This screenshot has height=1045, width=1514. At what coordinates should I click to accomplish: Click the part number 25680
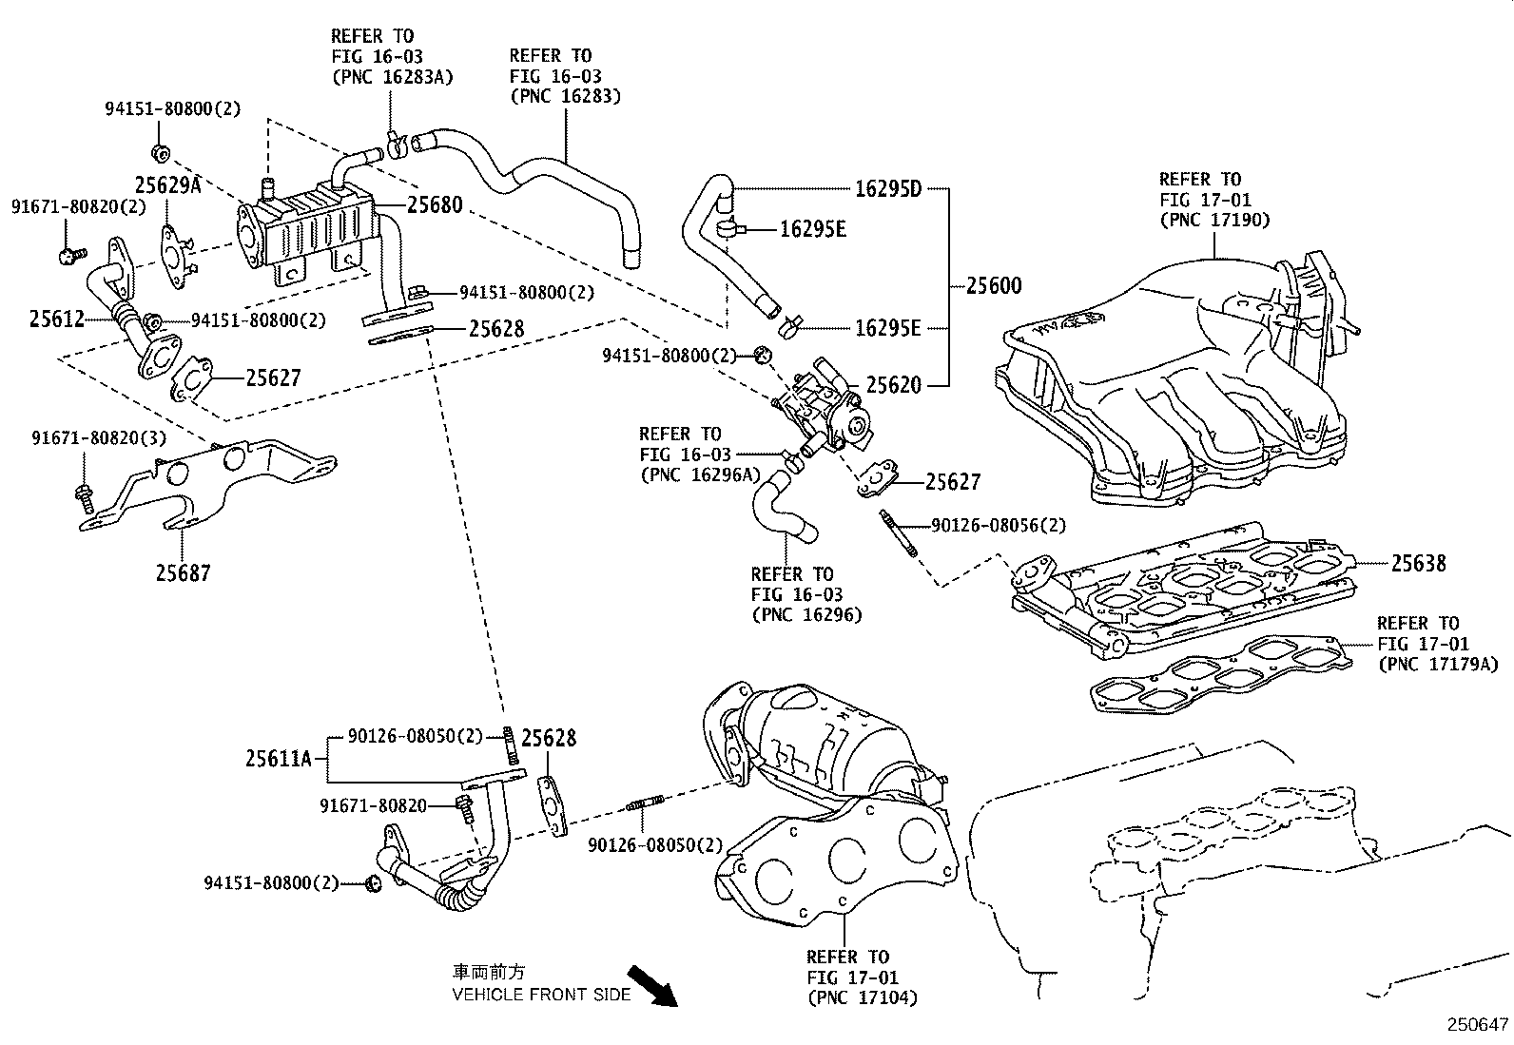coord(435,204)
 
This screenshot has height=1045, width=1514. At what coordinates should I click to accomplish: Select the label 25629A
coord(167,184)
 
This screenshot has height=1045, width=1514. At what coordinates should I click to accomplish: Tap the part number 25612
coord(57,319)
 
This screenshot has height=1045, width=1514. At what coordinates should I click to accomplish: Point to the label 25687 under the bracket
coord(184,572)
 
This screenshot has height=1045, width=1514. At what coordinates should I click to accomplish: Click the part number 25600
coord(994,285)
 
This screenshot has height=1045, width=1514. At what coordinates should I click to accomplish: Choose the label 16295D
coord(888,188)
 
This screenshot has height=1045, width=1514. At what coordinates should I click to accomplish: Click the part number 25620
coord(893,385)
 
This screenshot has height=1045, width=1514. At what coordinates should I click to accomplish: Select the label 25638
coord(1418,563)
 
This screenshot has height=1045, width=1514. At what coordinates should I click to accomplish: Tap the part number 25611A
coord(279,758)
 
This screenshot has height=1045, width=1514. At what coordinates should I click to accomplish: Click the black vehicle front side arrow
coord(652,985)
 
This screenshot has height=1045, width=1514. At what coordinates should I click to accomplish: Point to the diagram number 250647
coord(1478,1024)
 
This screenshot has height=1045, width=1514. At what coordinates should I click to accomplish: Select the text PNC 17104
coord(862,997)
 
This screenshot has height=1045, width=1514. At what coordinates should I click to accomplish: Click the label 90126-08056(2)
coord(999,525)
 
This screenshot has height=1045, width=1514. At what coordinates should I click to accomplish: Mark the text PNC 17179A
coord(1437,665)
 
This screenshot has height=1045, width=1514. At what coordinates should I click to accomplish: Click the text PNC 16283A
coord(392,76)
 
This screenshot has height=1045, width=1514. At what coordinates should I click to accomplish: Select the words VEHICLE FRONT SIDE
coord(541,995)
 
